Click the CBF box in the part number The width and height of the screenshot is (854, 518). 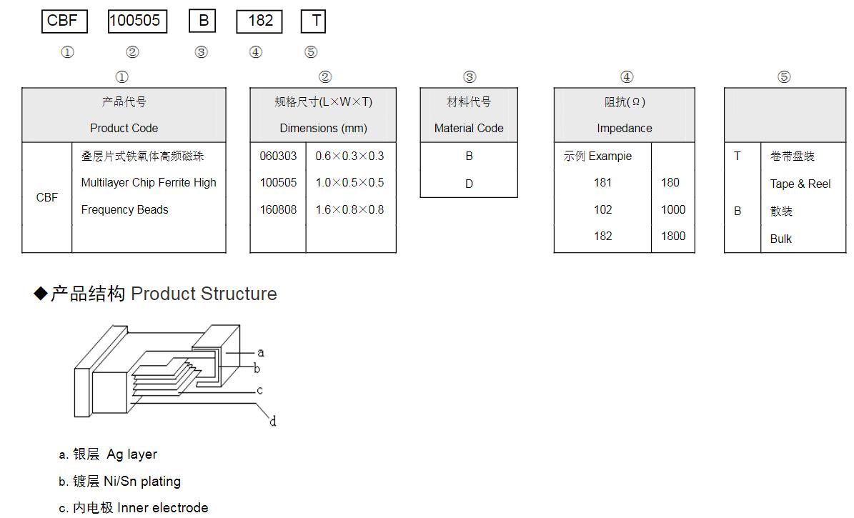point(64,21)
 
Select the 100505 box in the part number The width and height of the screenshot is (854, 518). point(137,21)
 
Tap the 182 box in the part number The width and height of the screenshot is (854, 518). point(259,21)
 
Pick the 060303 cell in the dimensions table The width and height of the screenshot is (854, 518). point(278,156)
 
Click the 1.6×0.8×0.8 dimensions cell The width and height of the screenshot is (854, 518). point(349,210)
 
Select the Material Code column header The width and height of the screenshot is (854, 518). point(469,129)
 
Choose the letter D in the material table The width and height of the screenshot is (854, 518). point(469,184)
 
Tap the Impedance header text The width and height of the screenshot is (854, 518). point(625,129)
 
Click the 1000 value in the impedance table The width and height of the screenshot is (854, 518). point(672,210)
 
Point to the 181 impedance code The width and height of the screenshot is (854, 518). point(602,183)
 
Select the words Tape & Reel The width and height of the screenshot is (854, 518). point(800,184)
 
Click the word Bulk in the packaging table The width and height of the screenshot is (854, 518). point(780,239)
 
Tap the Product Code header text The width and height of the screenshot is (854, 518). point(124,129)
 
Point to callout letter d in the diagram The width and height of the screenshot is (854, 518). point(273,422)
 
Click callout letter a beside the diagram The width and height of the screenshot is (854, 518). point(261,352)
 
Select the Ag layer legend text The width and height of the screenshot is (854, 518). point(131,454)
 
